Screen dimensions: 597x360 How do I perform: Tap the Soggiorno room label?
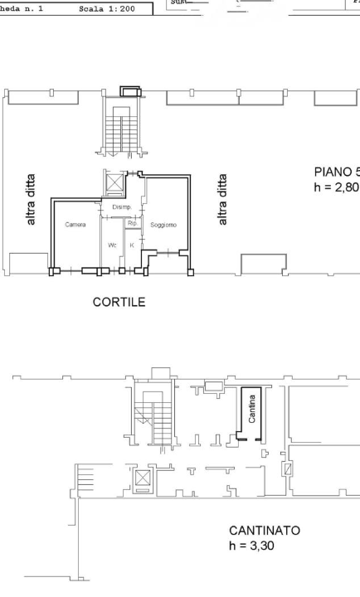(x=163, y=225)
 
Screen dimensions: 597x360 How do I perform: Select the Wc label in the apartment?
(x=112, y=245)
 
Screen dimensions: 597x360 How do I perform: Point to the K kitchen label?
(x=131, y=245)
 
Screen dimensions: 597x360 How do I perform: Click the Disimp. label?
(x=122, y=206)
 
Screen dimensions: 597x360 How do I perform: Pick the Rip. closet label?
(x=131, y=223)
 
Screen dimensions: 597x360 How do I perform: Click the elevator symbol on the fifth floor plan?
(x=111, y=182)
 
